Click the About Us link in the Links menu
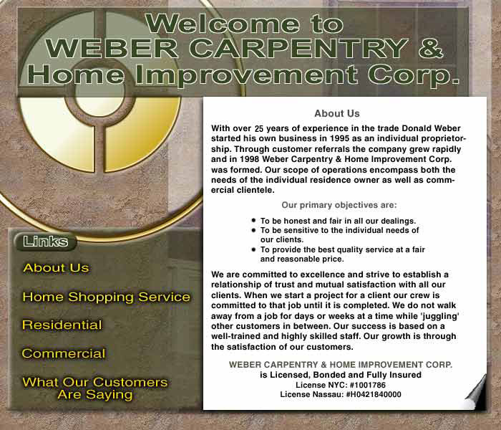tap(57, 268)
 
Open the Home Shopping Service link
tap(107, 297)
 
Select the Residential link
tap(62, 325)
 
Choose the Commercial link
tap(64, 353)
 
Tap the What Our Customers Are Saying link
tap(95, 388)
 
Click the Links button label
tap(45, 242)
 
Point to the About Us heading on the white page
tap(337, 113)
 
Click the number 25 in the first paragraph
tap(259, 128)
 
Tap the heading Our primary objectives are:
tap(339, 205)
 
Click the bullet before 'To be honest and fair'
tap(253, 220)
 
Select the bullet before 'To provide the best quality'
tap(253, 249)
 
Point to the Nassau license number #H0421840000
tap(374, 394)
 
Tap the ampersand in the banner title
tap(431, 49)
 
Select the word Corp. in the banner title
tap(413, 75)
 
